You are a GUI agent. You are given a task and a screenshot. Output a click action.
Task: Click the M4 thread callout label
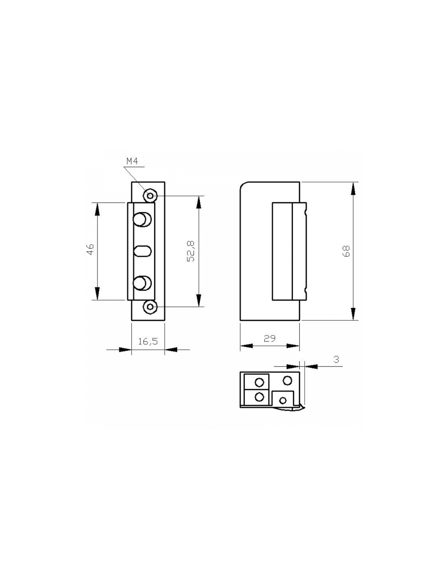point(133,162)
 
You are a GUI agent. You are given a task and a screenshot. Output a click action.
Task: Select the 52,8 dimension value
point(191,251)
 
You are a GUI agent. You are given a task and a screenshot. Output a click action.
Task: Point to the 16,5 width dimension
point(148,341)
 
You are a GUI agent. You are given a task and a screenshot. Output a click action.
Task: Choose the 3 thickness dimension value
point(337,359)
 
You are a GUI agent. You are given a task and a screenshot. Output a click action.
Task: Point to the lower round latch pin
point(142,283)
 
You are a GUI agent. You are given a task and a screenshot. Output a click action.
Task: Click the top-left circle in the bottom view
point(260,382)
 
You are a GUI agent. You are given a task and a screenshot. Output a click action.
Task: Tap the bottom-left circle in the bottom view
point(260,397)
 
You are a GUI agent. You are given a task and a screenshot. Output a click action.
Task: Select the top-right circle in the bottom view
point(287,380)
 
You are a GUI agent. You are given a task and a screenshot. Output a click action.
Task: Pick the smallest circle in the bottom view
point(283,401)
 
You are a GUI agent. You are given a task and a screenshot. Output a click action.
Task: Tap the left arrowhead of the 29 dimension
point(246,346)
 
